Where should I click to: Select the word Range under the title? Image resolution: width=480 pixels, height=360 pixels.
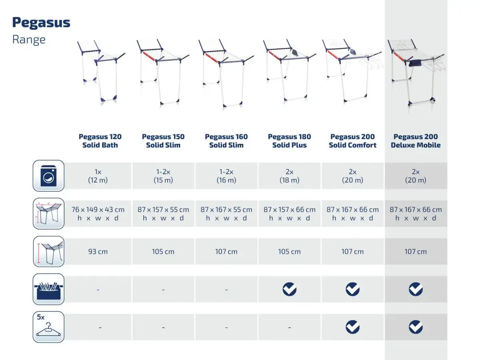tap(29, 40)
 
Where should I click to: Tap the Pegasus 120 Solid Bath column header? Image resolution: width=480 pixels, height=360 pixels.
tap(100, 141)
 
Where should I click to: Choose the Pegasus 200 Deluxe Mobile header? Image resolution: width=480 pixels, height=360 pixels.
tap(416, 141)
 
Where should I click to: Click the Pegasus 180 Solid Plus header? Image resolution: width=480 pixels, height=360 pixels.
tap(289, 141)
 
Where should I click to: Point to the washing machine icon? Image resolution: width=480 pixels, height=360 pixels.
tap(48, 176)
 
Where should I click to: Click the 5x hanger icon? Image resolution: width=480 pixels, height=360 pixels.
tap(48, 327)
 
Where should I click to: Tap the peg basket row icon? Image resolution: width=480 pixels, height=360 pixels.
tap(48, 289)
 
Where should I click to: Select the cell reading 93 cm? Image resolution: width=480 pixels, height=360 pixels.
tap(98, 251)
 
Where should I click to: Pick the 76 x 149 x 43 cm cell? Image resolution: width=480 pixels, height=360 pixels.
tap(98, 213)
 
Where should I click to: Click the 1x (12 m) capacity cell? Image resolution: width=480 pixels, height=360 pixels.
tap(98, 176)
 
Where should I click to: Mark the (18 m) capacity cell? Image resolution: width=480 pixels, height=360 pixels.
tap(289, 176)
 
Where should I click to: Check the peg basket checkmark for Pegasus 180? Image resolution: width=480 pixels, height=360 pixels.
tap(289, 289)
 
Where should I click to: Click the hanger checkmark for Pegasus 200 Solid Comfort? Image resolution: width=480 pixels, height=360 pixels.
tap(352, 327)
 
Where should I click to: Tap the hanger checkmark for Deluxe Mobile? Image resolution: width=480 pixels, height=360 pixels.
tap(416, 327)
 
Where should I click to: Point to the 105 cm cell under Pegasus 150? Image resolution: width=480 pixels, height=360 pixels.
tap(163, 251)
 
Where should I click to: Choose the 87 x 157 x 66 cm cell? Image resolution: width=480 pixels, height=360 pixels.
tap(289, 213)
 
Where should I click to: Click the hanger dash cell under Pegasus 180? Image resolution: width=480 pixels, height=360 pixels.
tap(289, 327)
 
